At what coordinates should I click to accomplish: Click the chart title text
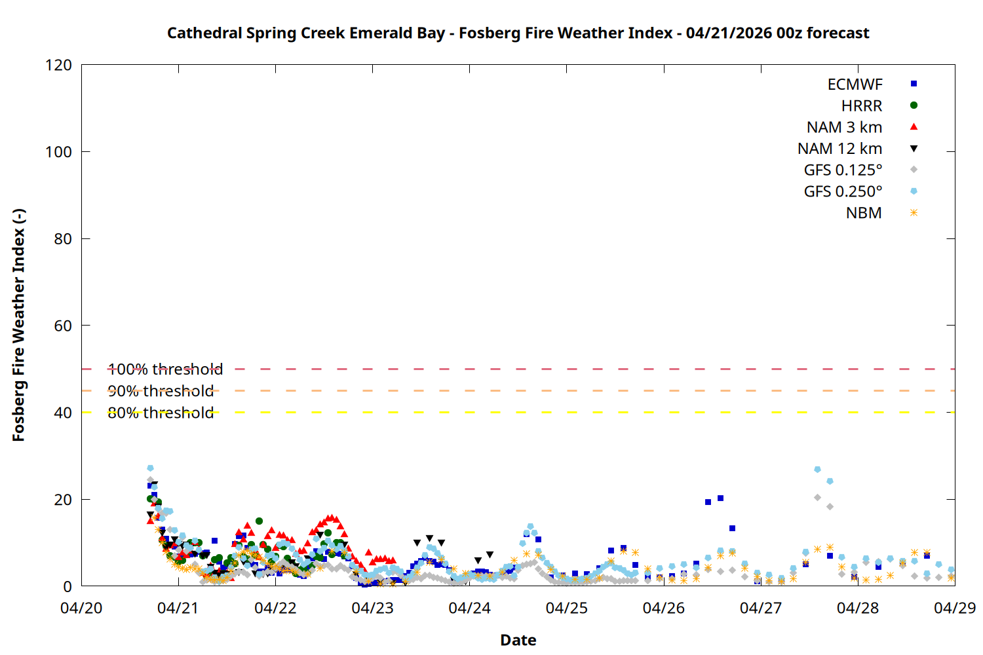point(518,33)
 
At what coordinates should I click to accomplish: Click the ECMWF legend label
point(855,84)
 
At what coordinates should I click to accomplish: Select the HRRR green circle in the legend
point(914,105)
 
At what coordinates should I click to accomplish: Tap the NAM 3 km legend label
point(844,127)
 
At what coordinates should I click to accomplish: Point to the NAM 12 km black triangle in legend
point(914,149)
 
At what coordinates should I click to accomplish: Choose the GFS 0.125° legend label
point(843,170)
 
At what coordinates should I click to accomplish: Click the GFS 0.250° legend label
point(843,192)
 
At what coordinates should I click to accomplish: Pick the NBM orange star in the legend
point(914,213)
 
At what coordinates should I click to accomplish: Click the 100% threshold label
point(165,369)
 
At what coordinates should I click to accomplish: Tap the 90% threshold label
point(161,391)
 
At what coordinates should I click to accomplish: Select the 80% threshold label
point(161,413)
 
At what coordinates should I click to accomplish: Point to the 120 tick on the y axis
point(59,65)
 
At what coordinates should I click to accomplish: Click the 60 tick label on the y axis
point(63,326)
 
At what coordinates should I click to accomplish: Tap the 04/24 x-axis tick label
point(469,608)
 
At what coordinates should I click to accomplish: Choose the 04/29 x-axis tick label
point(954,608)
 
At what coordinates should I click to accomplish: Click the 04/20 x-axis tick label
point(81,608)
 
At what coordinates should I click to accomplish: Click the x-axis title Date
point(518,640)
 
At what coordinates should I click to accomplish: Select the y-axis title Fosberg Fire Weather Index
point(18,326)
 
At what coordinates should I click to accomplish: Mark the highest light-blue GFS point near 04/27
point(817,470)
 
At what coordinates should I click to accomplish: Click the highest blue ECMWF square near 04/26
point(720,498)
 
